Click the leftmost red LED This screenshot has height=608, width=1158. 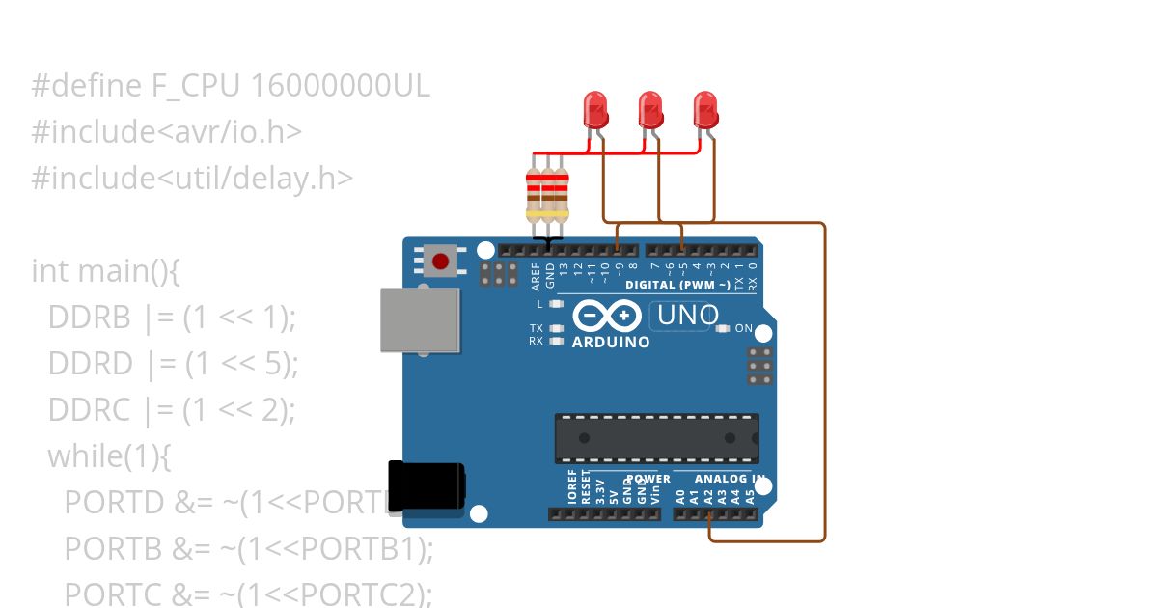(x=595, y=110)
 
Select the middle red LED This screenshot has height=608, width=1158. (x=650, y=110)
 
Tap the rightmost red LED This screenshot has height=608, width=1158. (x=706, y=110)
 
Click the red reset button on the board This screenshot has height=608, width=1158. (x=441, y=261)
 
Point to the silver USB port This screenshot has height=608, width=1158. (x=419, y=319)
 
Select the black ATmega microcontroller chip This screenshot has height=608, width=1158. (x=656, y=438)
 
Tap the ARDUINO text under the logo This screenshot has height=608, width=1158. (x=611, y=343)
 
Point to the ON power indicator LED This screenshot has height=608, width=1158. (x=724, y=329)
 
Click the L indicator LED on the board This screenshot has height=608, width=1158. (x=555, y=304)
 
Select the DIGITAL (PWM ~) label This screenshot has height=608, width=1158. (x=676, y=285)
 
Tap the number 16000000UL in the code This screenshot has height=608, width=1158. (x=340, y=87)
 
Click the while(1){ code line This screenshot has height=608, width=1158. (x=109, y=456)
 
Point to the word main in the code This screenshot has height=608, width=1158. (x=107, y=271)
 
